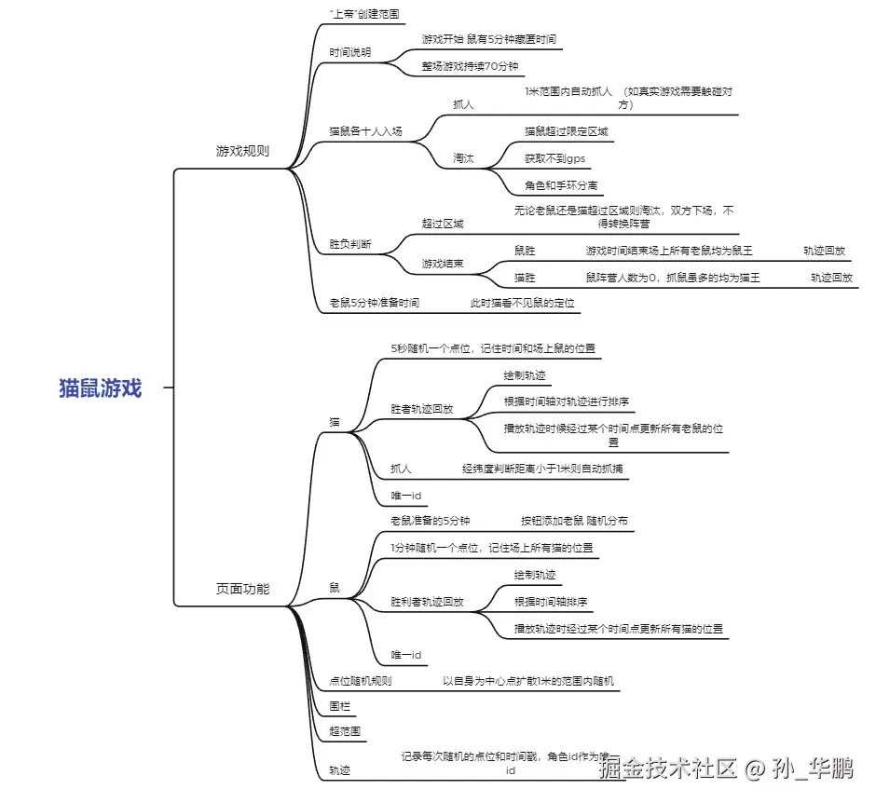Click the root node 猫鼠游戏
[x=100, y=388]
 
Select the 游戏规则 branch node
[x=242, y=150]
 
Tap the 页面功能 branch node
[x=242, y=588]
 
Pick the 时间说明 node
[x=349, y=52]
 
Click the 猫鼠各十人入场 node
[x=365, y=131]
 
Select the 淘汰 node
[x=463, y=158]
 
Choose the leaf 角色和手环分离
[x=561, y=185]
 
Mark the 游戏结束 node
[x=443, y=264]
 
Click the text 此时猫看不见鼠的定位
[x=522, y=303]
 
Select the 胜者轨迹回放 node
[x=421, y=408]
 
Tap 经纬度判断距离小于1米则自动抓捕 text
[x=543, y=469]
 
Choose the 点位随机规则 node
[x=360, y=680]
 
